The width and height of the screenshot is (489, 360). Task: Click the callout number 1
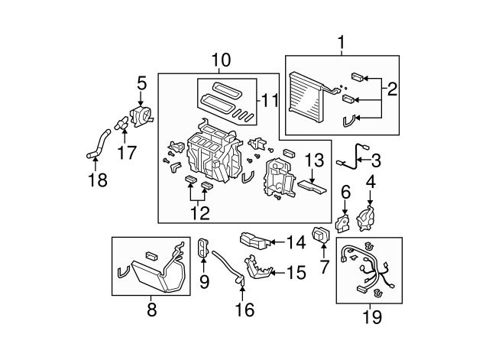(x=342, y=43)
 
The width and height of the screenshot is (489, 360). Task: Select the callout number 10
(x=220, y=60)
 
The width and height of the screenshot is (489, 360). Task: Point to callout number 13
(x=315, y=161)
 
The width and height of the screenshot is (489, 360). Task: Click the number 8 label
(x=151, y=310)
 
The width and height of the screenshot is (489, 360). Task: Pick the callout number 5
(x=141, y=81)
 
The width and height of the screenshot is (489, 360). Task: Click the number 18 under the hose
(x=98, y=180)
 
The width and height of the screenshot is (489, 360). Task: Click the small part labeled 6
(x=345, y=222)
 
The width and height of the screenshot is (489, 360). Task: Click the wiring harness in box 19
(x=369, y=268)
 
